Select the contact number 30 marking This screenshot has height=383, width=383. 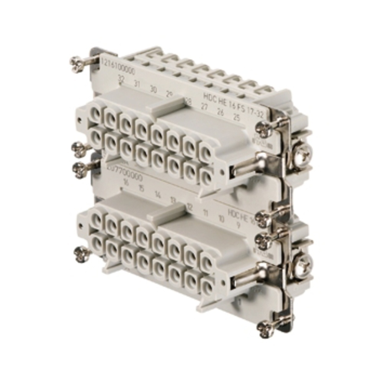tap(153, 90)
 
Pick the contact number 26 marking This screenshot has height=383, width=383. tap(221, 112)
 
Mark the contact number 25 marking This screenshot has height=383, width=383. tap(237, 118)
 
